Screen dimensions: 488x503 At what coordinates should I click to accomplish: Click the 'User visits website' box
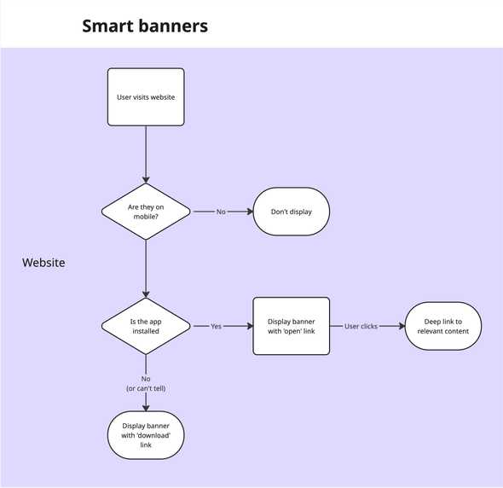click(146, 97)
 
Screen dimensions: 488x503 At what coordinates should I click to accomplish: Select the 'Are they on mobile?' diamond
click(146, 212)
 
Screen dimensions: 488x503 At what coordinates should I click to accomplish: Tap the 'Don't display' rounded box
click(292, 212)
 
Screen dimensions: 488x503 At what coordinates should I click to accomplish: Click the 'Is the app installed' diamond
click(146, 326)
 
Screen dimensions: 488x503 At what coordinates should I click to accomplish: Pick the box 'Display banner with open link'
click(292, 326)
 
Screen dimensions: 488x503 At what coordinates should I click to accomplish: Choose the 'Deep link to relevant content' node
click(443, 326)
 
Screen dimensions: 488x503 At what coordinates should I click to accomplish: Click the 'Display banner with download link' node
click(146, 434)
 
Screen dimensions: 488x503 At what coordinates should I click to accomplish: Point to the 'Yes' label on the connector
click(216, 326)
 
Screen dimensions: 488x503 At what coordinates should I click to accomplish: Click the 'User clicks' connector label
click(361, 326)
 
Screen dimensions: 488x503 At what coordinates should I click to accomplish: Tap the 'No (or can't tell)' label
click(146, 383)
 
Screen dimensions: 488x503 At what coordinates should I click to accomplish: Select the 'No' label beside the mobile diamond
click(221, 212)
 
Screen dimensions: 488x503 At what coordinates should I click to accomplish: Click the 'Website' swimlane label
click(43, 263)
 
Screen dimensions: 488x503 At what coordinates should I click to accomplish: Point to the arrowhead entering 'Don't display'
click(249, 212)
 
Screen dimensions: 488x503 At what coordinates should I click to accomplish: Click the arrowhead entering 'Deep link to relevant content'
click(401, 326)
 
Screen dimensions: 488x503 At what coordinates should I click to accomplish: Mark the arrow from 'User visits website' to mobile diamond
click(146, 154)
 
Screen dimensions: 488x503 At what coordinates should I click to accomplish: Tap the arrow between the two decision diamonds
click(146, 268)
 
